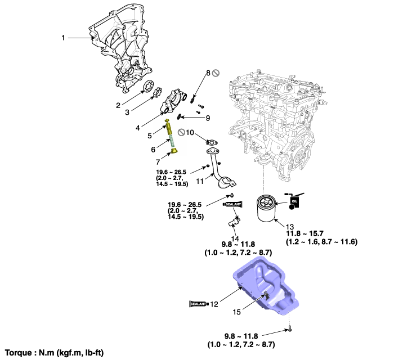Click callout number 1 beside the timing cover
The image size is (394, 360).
pyautogui.click(x=64, y=38)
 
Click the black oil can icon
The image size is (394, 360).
pyautogui.click(x=295, y=199)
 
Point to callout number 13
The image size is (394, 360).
pyautogui.click(x=275, y=226)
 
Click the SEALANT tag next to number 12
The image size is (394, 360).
pyautogui.click(x=199, y=304)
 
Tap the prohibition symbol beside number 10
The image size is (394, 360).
pyautogui.click(x=182, y=132)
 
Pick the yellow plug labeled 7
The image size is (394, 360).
pyautogui.click(x=174, y=152)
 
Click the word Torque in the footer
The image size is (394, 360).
pyautogui.click(x=19, y=353)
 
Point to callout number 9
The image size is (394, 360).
pyautogui.click(x=207, y=118)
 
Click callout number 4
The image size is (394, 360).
pyautogui.click(x=138, y=128)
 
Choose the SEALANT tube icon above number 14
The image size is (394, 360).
pyautogui.click(x=232, y=204)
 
